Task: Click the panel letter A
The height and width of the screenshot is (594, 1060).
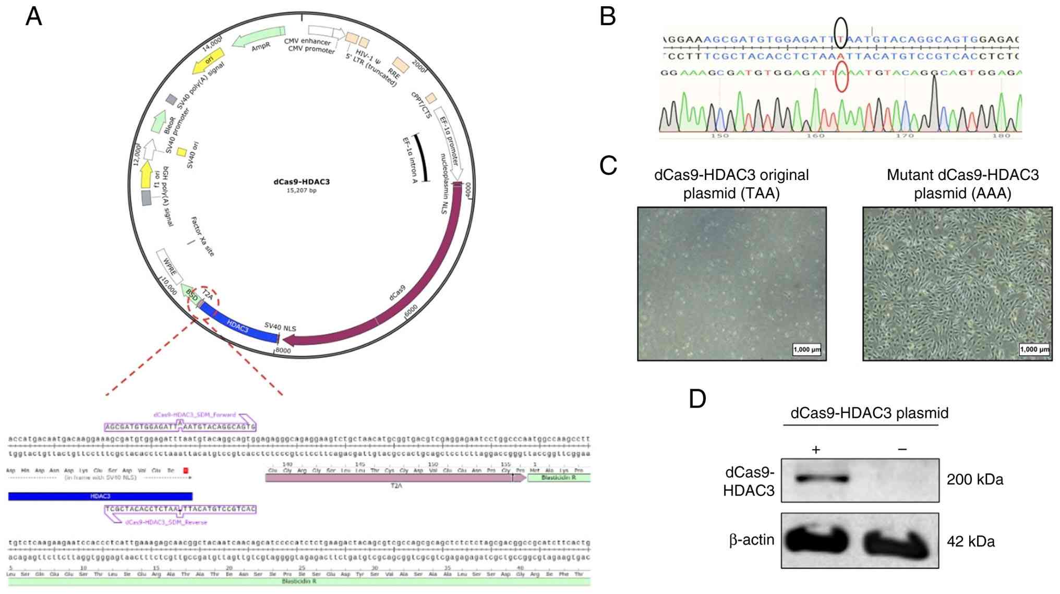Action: (x=34, y=17)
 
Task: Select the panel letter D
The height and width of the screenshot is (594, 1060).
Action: (x=697, y=398)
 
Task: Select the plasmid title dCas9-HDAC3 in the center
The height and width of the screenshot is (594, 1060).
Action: (x=302, y=182)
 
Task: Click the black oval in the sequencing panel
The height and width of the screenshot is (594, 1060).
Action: (x=840, y=32)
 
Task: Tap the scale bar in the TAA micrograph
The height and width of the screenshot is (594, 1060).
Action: (x=806, y=349)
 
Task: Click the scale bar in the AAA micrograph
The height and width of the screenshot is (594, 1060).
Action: (x=1034, y=349)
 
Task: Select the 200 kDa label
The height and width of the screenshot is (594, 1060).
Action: (x=974, y=480)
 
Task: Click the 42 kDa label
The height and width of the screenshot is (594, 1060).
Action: (x=970, y=542)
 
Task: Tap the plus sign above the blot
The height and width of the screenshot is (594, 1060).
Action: (x=816, y=450)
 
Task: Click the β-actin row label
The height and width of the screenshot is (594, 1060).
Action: (x=751, y=540)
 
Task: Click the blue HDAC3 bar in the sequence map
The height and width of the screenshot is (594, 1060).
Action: (x=100, y=496)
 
